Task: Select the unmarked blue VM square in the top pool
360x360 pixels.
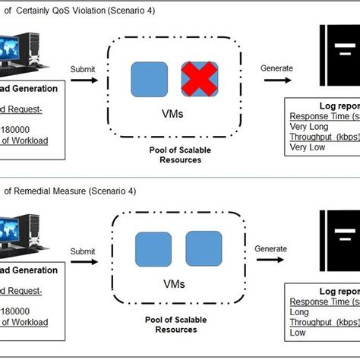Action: [x=150, y=80]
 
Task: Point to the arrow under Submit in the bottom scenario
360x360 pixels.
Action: [x=83, y=263]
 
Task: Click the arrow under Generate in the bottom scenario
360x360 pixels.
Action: [x=271, y=263]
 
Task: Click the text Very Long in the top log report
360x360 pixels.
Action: [x=308, y=127]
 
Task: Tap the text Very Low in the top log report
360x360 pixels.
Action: [x=306, y=149]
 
